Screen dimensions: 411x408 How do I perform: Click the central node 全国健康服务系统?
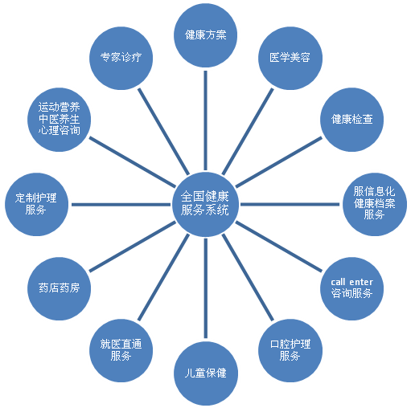pyautogui.click(x=205, y=204)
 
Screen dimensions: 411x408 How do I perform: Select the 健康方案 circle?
pyautogui.click(x=205, y=35)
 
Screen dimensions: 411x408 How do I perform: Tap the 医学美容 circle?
pyautogui.click(x=290, y=58)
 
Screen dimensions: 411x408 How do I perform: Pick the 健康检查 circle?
pyautogui.click(x=352, y=120)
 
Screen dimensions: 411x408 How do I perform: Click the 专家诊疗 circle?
pyautogui.click(x=121, y=58)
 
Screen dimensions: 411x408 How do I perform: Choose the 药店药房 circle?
pyautogui.click(x=59, y=288)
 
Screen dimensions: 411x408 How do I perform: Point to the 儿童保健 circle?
pyautogui.click(x=205, y=373)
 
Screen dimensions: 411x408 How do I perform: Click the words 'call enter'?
pyautogui.click(x=351, y=282)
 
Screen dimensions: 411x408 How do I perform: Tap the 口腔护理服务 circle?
pyautogui.click(x=290, y=350)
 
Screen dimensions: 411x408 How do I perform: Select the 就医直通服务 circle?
pyautogui.click(x=121, y=350)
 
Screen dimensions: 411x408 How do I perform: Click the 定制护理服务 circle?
pyautogui.click(x=36, y=204)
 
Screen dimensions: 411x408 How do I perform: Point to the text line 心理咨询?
pyautogui.click(x=59, y=130)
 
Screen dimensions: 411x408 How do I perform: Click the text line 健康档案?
pyautogui.click(x=375, y=203)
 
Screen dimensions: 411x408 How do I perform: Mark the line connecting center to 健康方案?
pyautogui.click(x=205, y=120)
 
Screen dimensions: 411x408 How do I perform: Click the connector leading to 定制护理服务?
pyautogui.click(x=121, y=205)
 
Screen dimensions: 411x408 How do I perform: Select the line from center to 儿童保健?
pyautogui.click(x=206, y=288)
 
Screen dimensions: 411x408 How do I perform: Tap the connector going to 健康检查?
pyautogui.click(x=279, y=162)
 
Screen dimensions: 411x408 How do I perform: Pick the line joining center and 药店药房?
pyautogui.click(x=133, y=247)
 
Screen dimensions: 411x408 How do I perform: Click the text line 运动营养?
pyautogui.click(x=59, y=107)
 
